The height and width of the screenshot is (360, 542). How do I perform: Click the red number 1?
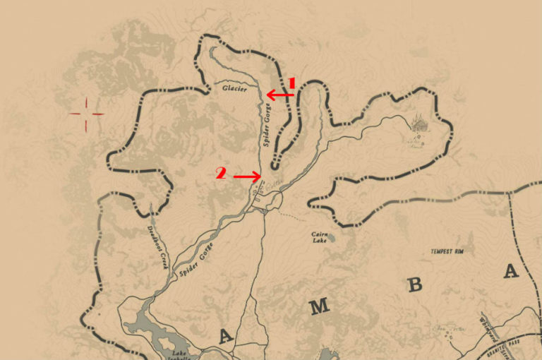291,83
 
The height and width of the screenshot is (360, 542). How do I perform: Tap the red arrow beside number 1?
279,94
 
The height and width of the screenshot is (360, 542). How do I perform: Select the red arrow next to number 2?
247,176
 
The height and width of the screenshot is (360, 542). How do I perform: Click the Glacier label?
234,89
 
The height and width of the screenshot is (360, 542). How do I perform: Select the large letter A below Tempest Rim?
510,270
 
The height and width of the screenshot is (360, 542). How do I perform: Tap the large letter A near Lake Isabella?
225,337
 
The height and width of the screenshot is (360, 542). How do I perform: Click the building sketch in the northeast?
419,125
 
